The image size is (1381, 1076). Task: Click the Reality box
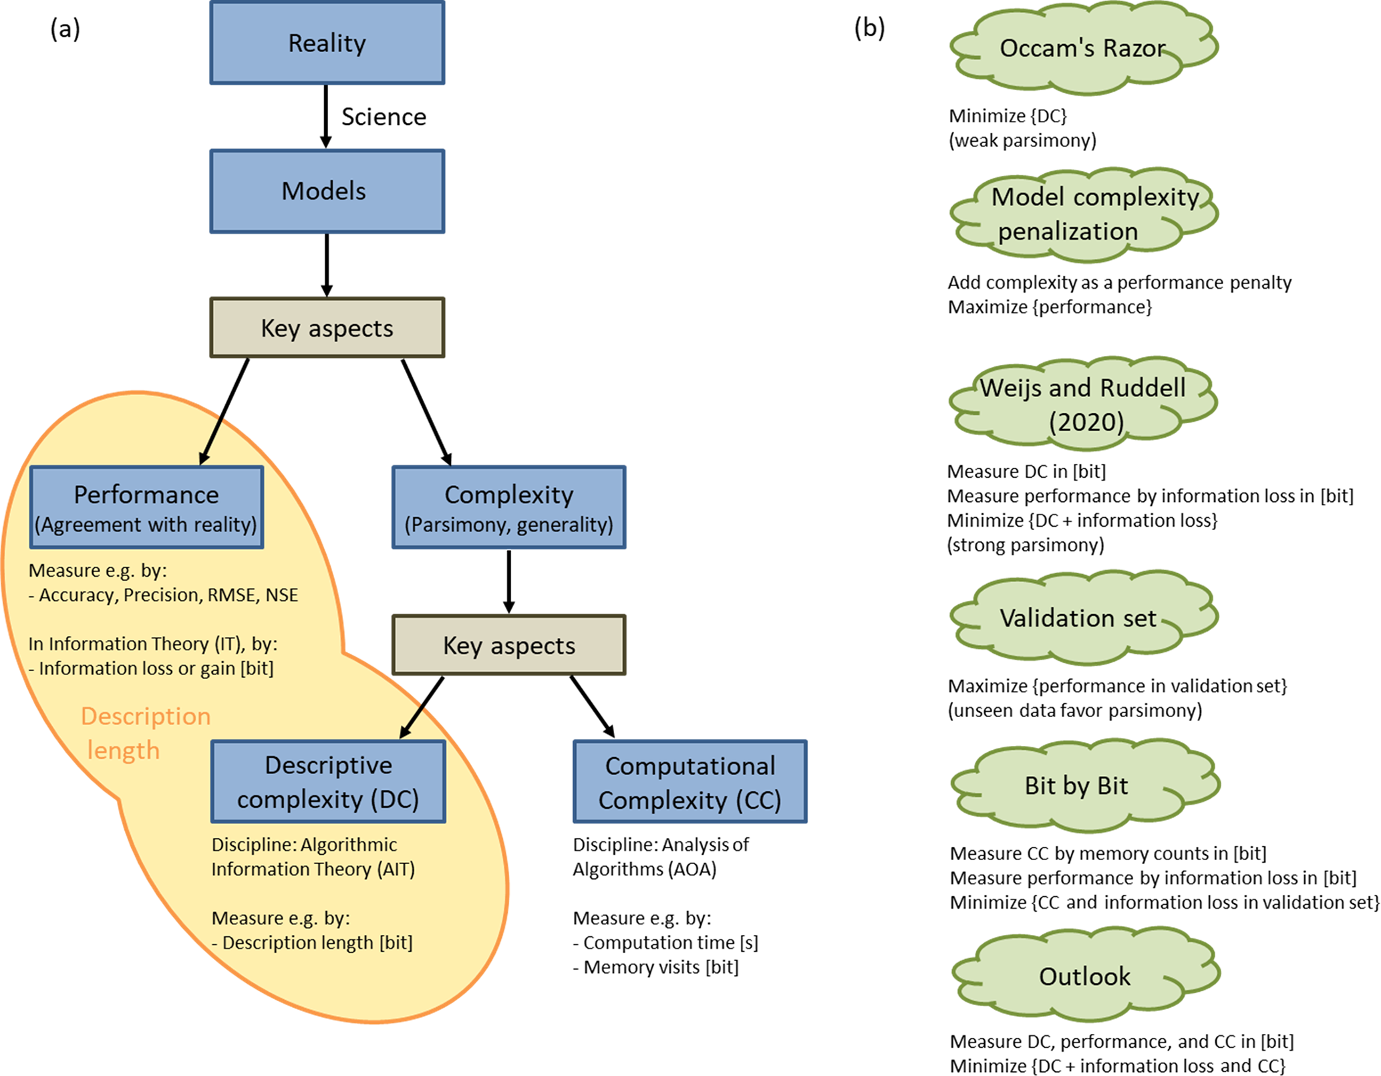[327, 43]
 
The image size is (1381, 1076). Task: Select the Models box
[327, 191]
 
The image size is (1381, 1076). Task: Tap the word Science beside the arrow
[383, 117]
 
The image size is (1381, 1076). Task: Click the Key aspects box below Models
[327, 327]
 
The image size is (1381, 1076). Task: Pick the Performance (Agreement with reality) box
[146, 507]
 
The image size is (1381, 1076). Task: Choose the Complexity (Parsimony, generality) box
[509, 507]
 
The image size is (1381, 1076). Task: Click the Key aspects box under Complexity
[509, 645]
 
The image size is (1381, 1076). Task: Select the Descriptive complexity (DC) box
[328, 781]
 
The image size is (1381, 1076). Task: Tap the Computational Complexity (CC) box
[690, 782]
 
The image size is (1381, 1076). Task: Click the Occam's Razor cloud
[1082, 48]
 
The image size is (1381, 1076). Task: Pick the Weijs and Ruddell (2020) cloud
[1082, 404]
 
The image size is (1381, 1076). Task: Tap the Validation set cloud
[1082, 618]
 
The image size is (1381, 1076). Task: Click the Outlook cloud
[1085, 976]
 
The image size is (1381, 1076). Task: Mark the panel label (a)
[65, 29]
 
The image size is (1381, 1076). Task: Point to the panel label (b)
[870, 28]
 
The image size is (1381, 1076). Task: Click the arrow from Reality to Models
[326, 116]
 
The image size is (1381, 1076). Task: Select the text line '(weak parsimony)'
[1023, 140]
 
